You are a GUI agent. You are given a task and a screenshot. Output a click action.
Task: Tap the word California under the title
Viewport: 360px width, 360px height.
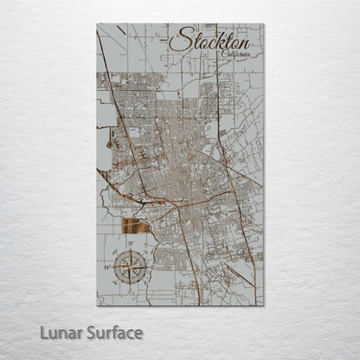(236, 55)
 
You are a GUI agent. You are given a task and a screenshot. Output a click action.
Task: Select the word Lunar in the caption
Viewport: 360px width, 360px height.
(59, 333)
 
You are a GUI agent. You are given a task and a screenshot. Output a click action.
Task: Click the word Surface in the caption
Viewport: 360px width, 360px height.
(112, 333)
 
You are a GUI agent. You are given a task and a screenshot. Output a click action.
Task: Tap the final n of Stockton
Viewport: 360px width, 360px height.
(244, 42)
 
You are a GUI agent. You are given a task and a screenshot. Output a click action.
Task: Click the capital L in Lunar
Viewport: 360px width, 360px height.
(44, 333)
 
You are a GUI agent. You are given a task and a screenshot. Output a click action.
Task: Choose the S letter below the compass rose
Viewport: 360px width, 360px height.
(131, 290)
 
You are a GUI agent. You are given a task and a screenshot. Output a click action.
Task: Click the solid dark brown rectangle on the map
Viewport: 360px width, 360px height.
(136, 227)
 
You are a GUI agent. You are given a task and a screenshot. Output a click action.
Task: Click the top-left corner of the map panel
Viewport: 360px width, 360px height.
(97, 24)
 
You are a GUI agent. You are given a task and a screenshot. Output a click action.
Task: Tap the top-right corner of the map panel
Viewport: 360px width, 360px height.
(264, 24)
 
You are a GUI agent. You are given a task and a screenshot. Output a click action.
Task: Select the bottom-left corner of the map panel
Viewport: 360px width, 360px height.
(97, 306)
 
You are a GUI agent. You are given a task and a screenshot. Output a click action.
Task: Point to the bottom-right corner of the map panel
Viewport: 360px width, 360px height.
(264, 306)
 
